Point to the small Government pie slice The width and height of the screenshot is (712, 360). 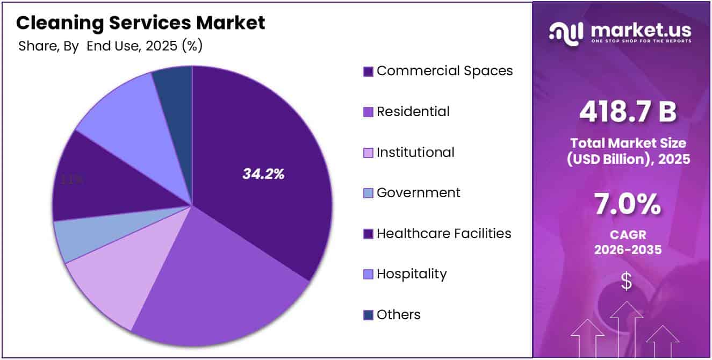click(x=81, y=236)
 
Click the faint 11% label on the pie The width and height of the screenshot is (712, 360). click(x=71, y=180)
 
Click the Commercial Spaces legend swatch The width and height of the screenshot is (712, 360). click(x=368, y=71)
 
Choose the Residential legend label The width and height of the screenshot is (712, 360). click(x=413, y=112)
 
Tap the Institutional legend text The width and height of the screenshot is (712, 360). click(x=415, y=153)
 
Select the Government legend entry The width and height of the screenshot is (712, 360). click(x=418, y=193)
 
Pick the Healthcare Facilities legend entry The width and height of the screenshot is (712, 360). click(x=443, y=234)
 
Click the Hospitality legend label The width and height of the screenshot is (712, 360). click(x=411, y=274)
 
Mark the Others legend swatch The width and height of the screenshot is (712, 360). click(x=368, y=315)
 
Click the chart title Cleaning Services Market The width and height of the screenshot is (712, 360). click(x=140, y=23)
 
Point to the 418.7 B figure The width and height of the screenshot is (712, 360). click(x=627, y=112)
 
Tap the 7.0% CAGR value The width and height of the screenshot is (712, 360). click(x=627, y=205)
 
